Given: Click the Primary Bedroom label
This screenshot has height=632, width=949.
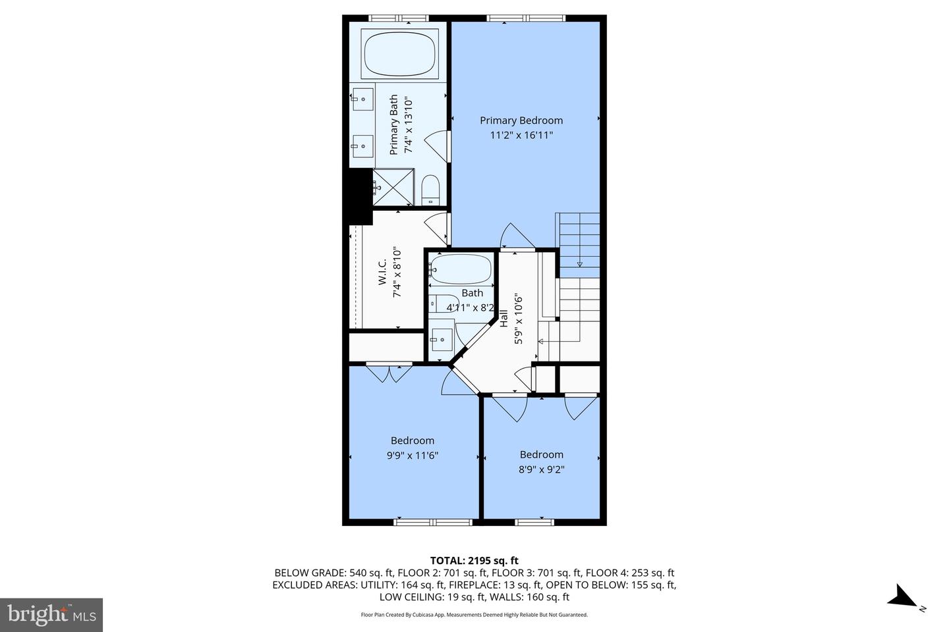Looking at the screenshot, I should click(x=521, y=120).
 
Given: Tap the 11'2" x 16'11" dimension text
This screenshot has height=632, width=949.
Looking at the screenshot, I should click(x=521, y=136).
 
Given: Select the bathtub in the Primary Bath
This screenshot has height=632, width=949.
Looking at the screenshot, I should click(x=399, y=55).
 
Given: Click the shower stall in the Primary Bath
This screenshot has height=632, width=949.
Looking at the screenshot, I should click(x=393, y=188).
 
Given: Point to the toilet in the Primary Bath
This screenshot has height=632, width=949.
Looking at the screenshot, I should click(x=430, y=190).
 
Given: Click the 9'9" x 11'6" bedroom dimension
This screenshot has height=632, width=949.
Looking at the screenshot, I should click(x=413, y=456).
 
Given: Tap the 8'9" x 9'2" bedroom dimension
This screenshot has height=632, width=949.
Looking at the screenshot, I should click(x=541, y=469).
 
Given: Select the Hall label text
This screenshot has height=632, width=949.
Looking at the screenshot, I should click(x=504, y=319).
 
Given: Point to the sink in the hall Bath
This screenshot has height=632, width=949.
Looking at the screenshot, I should click(x=441, y=340).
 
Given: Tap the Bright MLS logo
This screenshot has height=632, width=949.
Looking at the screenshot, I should click(x=51, y=615).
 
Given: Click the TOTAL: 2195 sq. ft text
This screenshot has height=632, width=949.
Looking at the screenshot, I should click(x=474, y=561).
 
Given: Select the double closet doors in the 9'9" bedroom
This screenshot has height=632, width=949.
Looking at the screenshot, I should click(x=389, y=373).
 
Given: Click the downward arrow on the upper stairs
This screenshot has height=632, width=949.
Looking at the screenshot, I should click(x=579, y=264).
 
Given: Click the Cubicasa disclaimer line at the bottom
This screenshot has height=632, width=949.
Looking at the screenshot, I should click(x=474, y=615).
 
